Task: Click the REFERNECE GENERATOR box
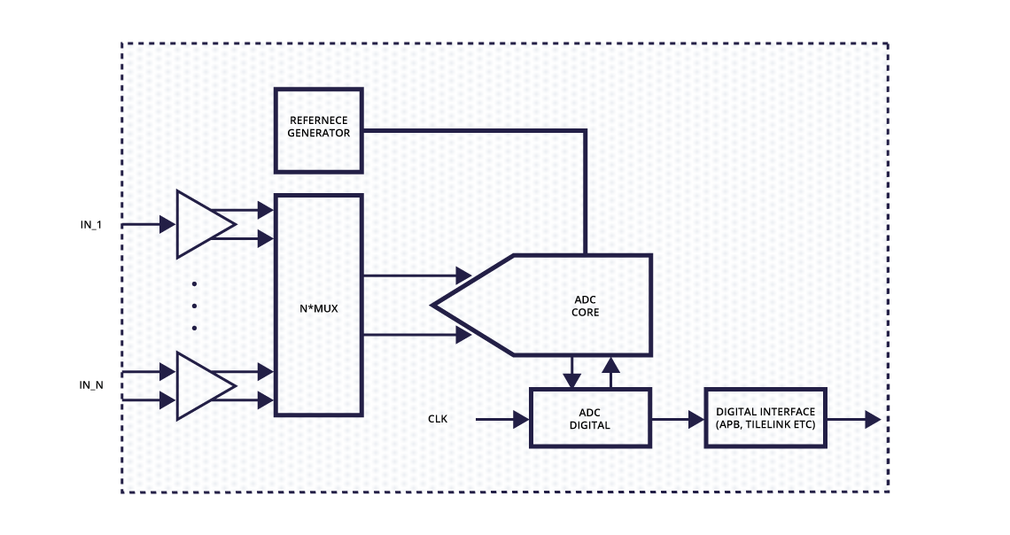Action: tap(318, 129)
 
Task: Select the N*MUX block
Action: tap(318, 305)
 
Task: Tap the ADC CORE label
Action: tap(586, 306)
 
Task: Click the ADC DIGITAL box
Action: tap(589, 418)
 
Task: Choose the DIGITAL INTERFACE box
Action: tap(765, 418)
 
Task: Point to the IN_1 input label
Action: tap(91, 225)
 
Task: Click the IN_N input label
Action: tap(91, 384)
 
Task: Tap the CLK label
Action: tap(438, 419)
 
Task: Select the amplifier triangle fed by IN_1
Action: tap(203, 224)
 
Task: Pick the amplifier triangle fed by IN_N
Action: tap(203, 385)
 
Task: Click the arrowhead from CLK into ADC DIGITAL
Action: tap(521, 419)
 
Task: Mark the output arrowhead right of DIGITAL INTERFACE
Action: tap(872, 419)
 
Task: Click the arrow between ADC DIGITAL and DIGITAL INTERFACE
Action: tap(678, 419)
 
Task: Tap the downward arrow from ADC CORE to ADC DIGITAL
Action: tap(572, 372)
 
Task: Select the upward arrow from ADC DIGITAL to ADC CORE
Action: tap(610, 372)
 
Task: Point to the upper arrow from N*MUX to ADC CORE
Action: tap(416, 275)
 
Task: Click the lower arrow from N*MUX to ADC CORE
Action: tap(416, 335)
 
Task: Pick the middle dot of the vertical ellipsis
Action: tap(194, 306)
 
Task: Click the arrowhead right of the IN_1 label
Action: tap(167, 225)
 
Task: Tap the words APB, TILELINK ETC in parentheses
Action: tap(765, 425)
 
